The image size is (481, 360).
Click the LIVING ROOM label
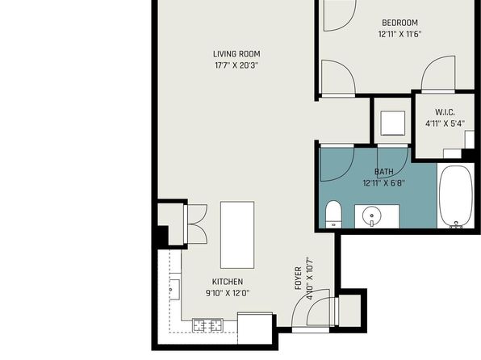(x=236, y=54)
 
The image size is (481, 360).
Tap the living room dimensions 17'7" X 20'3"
(x=236, y=65)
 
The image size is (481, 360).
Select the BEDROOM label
(x=399, y=23)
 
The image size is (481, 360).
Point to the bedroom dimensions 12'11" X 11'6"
(x=399, y=34)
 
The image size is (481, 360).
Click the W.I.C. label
(x=445, y=112)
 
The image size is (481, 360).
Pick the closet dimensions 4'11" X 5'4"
(x=445, y=123)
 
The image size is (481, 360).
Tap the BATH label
(x=384, y=172)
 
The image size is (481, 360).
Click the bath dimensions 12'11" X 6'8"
(x=384, y=183)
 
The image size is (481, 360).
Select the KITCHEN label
(x=228, y=282)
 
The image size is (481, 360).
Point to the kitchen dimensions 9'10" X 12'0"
(x=228, y=293)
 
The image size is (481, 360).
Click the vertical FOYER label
(x=298, y=278)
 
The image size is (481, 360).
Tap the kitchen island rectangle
(x=237, y=235)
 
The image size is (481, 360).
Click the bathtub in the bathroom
(x=456, y=197)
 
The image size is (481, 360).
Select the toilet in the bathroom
(x=333, y=214)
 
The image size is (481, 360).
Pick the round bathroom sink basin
(x=372, y=214)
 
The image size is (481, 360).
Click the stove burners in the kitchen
(x=207, y=325)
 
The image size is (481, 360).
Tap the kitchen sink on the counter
(x=175, y=290)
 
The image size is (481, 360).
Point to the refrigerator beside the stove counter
(x=255, y=328)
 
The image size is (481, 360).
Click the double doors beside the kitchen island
(x=195, y=224)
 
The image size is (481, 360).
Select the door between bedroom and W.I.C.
(x=437, y=73)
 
